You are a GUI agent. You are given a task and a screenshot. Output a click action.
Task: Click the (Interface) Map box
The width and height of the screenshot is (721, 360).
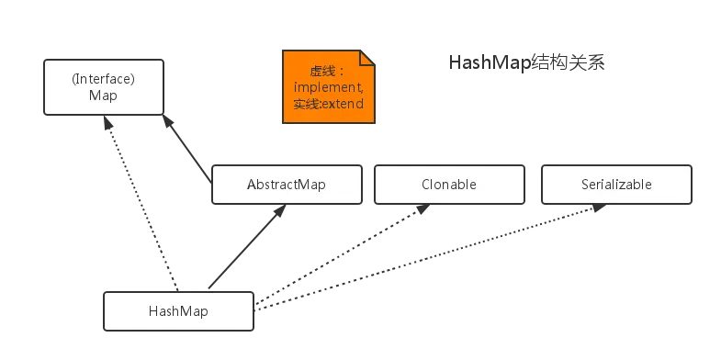pos(104,87)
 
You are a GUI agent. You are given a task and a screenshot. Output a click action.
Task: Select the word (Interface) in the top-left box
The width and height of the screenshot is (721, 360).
pos(104,78)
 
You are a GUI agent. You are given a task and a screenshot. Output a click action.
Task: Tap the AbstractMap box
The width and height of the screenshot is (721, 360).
pos(287,184)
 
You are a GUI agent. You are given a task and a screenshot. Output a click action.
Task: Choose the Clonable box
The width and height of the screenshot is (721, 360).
pos(450,184)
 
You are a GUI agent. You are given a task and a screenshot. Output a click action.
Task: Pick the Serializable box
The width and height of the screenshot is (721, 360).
pos(616,184)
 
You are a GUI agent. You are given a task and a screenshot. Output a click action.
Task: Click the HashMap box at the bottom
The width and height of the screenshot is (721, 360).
pos(178,311)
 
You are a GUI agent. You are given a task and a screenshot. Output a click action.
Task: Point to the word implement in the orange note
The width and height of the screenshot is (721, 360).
pos(328,86)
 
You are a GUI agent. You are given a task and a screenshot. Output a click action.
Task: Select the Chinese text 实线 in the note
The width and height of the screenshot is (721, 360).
pos(304,104)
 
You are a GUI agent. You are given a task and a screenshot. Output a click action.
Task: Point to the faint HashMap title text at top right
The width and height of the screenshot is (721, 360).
pos(528,63)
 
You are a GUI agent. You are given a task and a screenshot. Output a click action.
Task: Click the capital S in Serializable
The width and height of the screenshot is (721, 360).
pos(585,184)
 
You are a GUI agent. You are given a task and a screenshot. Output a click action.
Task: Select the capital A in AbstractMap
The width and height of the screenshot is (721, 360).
pos(252,184)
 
